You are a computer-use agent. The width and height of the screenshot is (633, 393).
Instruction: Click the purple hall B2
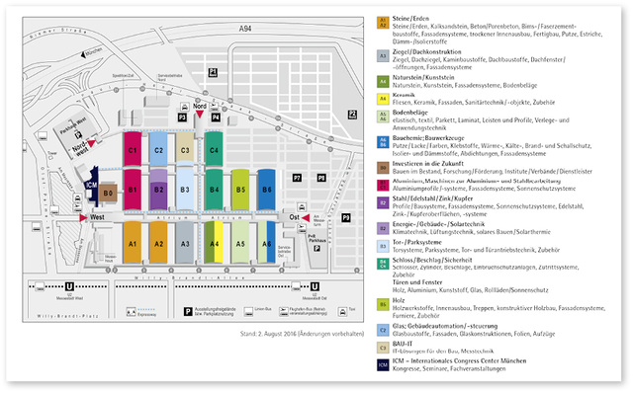coord(158,188)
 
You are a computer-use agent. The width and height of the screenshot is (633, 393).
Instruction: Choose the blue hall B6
coord(267,188)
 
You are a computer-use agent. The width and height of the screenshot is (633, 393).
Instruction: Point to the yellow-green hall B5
coord(240,188)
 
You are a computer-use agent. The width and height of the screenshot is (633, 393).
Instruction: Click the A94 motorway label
coord(245,31)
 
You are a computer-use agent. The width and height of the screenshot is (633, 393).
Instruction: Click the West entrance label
coord(97,216)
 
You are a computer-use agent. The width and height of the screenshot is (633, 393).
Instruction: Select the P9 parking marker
coord(346,216)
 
